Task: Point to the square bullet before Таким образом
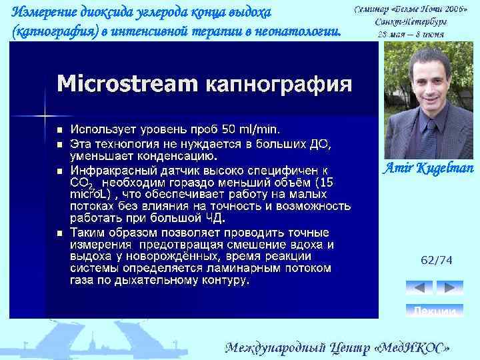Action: tap(59, 233)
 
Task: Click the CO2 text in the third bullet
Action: tap(81, 182)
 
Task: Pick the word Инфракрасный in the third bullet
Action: tap(111, 170)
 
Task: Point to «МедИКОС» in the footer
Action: tap(417, 348)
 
